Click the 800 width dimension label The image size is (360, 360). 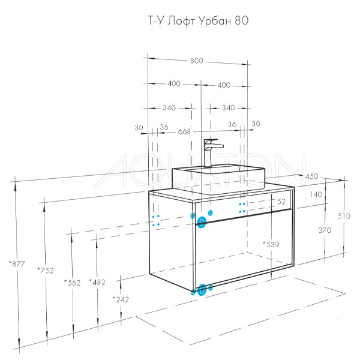pyautogui.click(x=197, y=61)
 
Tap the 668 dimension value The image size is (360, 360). pyautogui.click(x=184, y=131)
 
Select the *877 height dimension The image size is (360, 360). pyautogui.click(x=17, y=264)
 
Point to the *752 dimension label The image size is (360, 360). pyautogui.click(x=46, y=271)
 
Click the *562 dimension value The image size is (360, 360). pyautogui.click(x=73, y=283)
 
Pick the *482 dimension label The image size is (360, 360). pyautogui.click(x=97, y=282)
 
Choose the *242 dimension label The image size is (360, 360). pyautogui.click(x=121, y=299)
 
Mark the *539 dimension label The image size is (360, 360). pyautogui.click(x=271, y=244)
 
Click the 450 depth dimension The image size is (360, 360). pyautogui.click(x=312, y=176)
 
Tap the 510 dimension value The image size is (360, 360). pyautogui.click(x=344, y=216)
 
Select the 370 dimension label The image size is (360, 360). pyautogui.click(x=325, y=230)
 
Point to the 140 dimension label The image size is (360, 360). pyautogui.click(x=316, y=194)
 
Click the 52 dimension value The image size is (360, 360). pyautogui.click(x=281, y=202)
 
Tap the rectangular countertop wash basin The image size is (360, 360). pyautogui.click(x=218, y=179)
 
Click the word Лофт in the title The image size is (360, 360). pyautogui.click(x=181, y=22)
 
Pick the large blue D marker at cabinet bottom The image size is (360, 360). pyautogui.click(x=202, y=290)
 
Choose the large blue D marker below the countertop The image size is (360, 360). pyautogui.click(x=202, y=222)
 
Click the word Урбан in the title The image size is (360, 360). pyautogui.click(x=215, y=22)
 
